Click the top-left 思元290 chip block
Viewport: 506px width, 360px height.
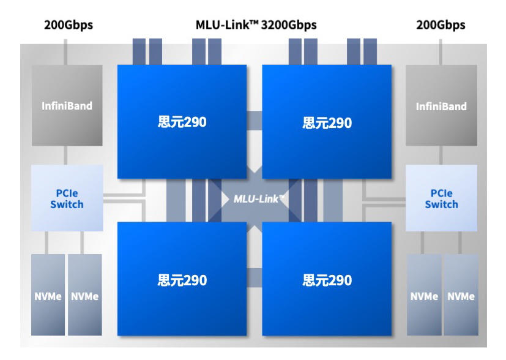click(182, 121)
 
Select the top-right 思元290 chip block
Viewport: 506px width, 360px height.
click(327, 121)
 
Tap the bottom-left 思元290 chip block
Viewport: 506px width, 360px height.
click(182, 279)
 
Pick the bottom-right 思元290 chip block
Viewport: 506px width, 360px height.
click(327, 279)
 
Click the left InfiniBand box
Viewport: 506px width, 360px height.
click(67, 106)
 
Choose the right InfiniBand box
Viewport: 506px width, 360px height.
click(441, 106)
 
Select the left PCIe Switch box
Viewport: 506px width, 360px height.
click(67, 198)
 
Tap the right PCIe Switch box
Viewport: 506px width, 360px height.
click(441, 198)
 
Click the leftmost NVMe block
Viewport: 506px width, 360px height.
click(48, 296)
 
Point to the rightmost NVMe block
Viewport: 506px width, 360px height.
click(461, 296)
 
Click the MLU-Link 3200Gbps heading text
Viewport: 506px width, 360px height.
click(256, 26)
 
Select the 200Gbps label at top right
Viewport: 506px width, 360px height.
click(441, 26)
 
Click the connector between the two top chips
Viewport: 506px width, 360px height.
click(255, 120)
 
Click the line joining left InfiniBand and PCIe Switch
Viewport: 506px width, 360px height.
click(67, 156)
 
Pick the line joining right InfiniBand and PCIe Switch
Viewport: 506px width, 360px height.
click(441, 156)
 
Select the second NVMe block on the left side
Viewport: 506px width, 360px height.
click(84, 296)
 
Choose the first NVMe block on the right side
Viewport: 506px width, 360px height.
click(424, 296)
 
